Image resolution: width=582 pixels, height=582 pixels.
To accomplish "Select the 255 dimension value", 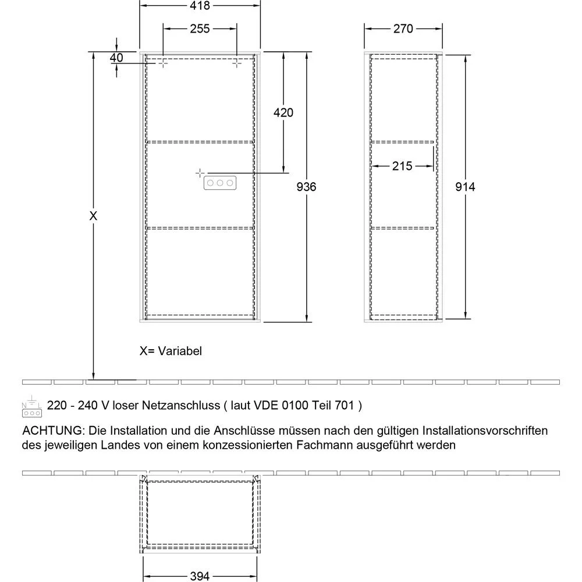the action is coord(199,29).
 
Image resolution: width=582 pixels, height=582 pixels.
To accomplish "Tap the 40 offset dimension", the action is coord(116,57).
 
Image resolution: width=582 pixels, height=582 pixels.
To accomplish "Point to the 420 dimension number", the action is coord(283,112).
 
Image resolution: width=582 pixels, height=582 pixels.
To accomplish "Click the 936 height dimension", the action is coord(306,187).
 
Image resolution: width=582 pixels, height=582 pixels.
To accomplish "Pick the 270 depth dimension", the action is coord(403,29).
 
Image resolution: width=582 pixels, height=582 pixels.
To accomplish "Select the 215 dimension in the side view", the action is coord(402,166).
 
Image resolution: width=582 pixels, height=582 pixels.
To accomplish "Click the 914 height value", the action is coord(466,187).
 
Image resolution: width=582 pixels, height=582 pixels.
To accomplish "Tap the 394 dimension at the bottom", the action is coord(200,576).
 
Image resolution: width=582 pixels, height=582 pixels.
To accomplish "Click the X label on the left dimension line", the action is coord(93,216).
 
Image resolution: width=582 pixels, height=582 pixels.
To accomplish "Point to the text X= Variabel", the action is coord(171,351).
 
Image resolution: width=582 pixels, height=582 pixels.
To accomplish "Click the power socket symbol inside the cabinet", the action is coord(219,183).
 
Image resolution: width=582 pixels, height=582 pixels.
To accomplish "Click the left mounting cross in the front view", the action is coord(163,63).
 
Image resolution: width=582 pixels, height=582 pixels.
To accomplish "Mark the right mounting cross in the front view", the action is coord(237,63).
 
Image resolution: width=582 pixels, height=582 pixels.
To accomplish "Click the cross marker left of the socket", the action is coord(200,173).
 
